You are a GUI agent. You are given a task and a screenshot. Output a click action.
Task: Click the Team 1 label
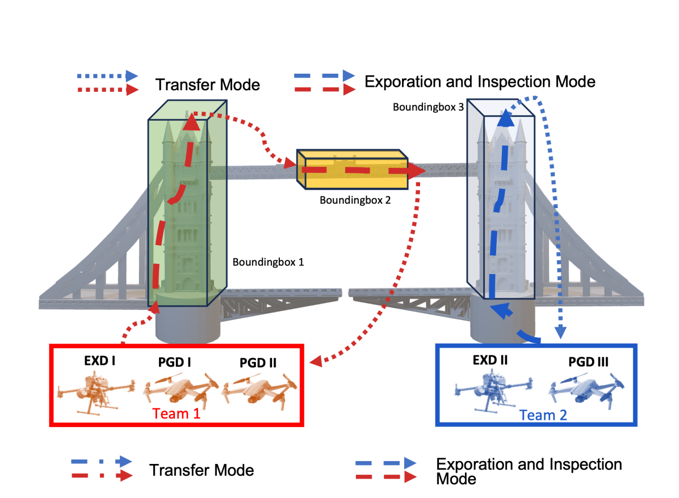pos(176,414)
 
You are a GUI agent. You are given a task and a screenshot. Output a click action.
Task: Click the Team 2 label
pos(543,416)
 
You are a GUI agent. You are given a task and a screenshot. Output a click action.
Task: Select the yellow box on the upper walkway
pos(352,170)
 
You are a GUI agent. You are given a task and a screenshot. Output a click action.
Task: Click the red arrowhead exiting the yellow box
pos(417,170)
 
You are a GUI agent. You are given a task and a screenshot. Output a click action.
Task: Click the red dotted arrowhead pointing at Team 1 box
pos(315,361)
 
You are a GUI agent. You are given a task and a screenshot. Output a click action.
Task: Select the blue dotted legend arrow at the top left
pos(107,75)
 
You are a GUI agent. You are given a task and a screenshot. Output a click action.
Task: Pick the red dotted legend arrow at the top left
pos(107,90)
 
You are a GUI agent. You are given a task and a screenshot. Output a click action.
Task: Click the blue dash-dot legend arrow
pos(102,461)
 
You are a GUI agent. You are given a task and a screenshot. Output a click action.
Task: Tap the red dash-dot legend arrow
pos(102,475)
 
